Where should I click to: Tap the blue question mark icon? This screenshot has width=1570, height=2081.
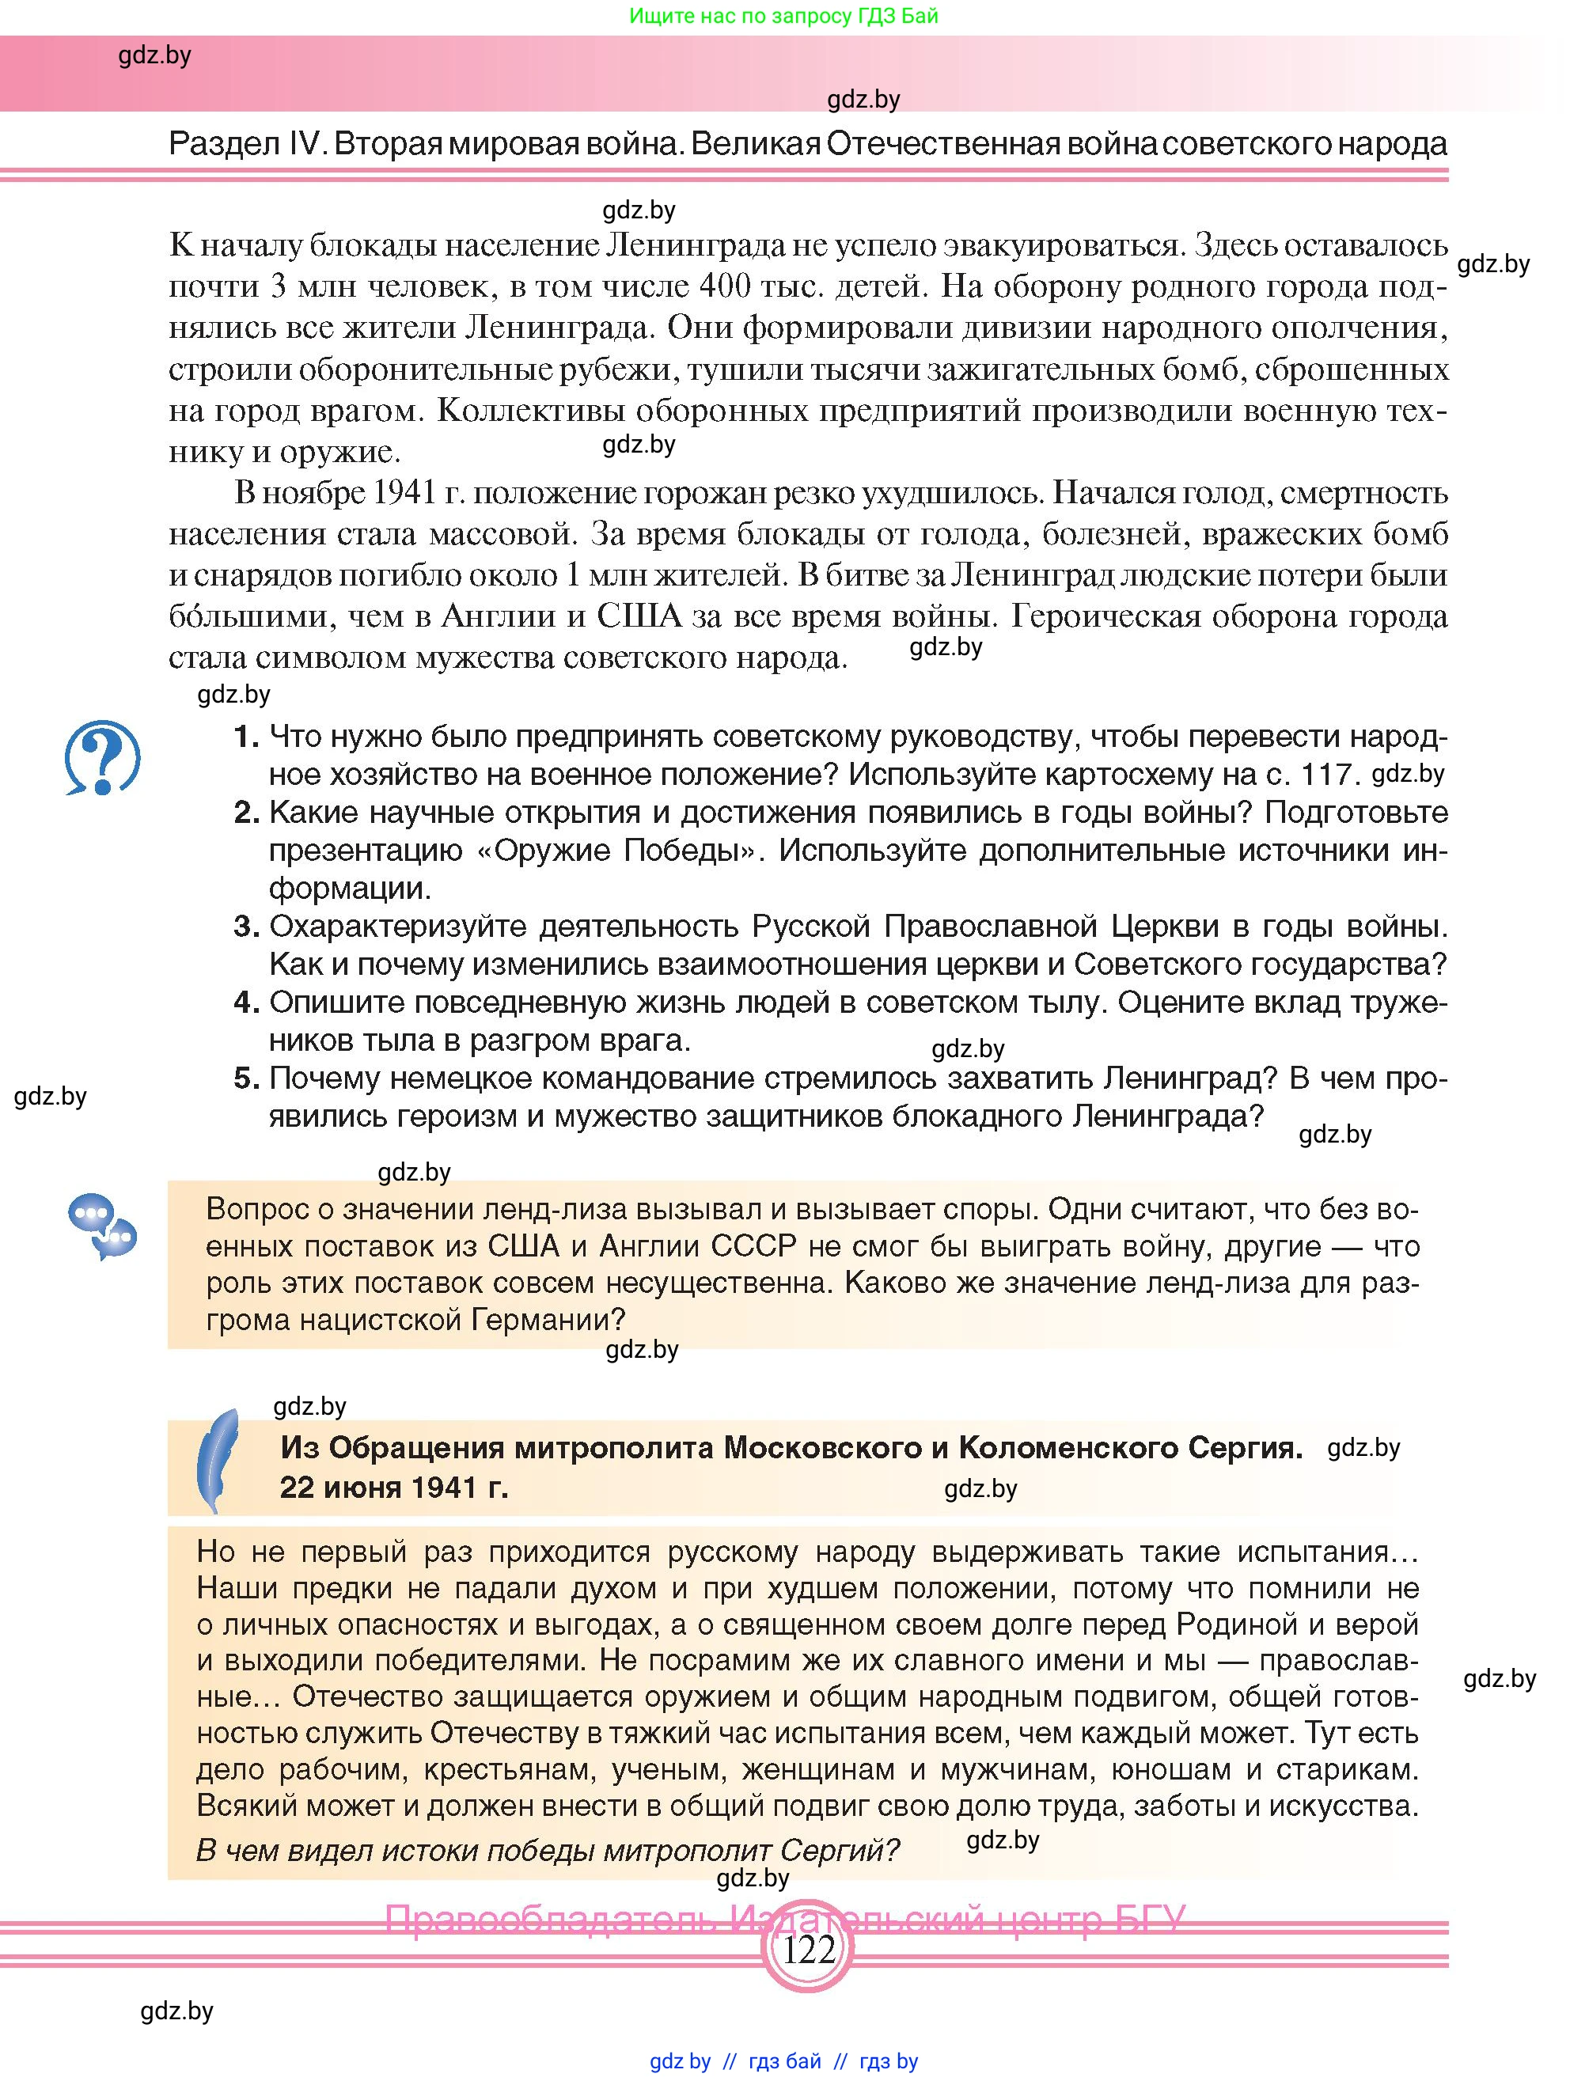[x=103, y=758]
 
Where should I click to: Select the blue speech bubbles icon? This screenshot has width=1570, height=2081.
[x=103, y=1226]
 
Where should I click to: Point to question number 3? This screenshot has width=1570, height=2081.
[x=246, y=927]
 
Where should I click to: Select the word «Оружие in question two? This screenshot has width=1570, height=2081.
[x=549, y=851]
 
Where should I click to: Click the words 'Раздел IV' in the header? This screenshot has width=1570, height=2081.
[x=245, y=144]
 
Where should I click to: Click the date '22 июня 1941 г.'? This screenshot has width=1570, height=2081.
[x=393, y=1488]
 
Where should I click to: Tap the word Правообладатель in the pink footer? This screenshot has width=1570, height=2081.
[x=554, y=1918]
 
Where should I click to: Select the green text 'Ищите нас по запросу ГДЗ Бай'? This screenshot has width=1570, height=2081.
[x=783, y=16]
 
